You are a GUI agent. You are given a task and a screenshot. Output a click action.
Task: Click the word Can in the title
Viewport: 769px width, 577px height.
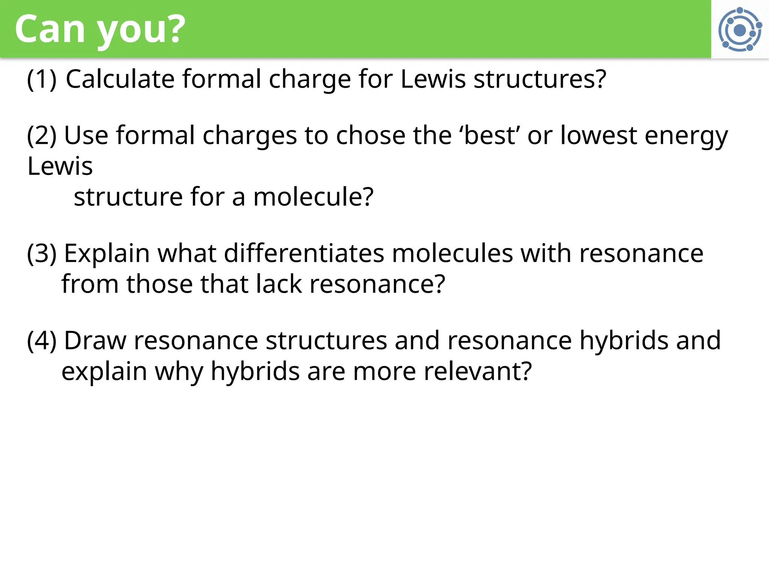click(x=50, y=29)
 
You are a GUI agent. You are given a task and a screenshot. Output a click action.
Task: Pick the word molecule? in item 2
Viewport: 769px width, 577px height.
click(x=313, y=197)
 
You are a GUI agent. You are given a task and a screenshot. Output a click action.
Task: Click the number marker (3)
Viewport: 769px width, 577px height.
click(x=42, y=254)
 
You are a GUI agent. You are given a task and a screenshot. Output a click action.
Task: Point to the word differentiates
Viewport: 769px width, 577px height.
click(x=304, y=254)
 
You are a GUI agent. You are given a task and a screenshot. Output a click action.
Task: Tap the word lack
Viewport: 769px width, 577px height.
click(x=279, y=284)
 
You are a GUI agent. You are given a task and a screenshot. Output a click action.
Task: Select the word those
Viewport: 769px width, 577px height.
click(x=159, y=284)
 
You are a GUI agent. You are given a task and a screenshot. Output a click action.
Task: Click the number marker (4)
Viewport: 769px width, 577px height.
click(x=42, y=341)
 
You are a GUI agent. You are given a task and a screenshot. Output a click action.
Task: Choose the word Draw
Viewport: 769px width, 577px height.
click(x=95, y=341)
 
